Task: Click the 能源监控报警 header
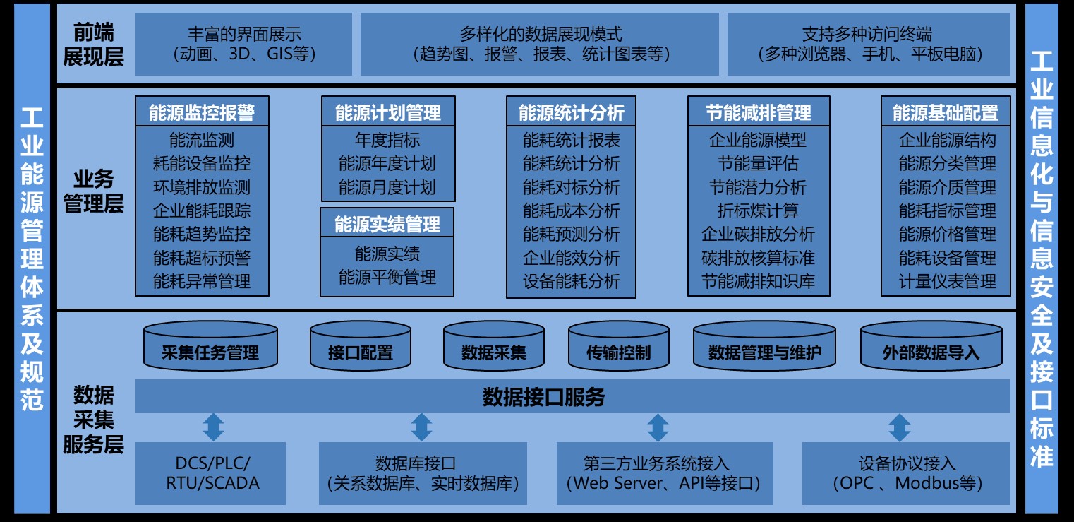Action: [x=202, y=112]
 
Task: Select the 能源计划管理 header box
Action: [x=387, y=112]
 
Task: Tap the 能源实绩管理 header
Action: [x=387, y=224]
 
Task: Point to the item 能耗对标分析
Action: [x=571, y=187]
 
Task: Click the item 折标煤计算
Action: [x=758, y=210]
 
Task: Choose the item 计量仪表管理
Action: [x=947, y=281]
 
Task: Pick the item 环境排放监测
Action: [x=202, y=187]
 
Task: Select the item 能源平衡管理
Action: [x=387, y=277]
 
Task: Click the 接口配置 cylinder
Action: [x=360, y=352]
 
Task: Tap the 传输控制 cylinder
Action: [x=618, y=352]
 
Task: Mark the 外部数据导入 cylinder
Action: [x=931, y=352]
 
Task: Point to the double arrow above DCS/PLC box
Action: [x=213, y=427]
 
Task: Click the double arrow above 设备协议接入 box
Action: [x=900, y=427]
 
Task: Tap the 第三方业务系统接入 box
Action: [x=665, y=473]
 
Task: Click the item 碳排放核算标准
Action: [x=758, y=258]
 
